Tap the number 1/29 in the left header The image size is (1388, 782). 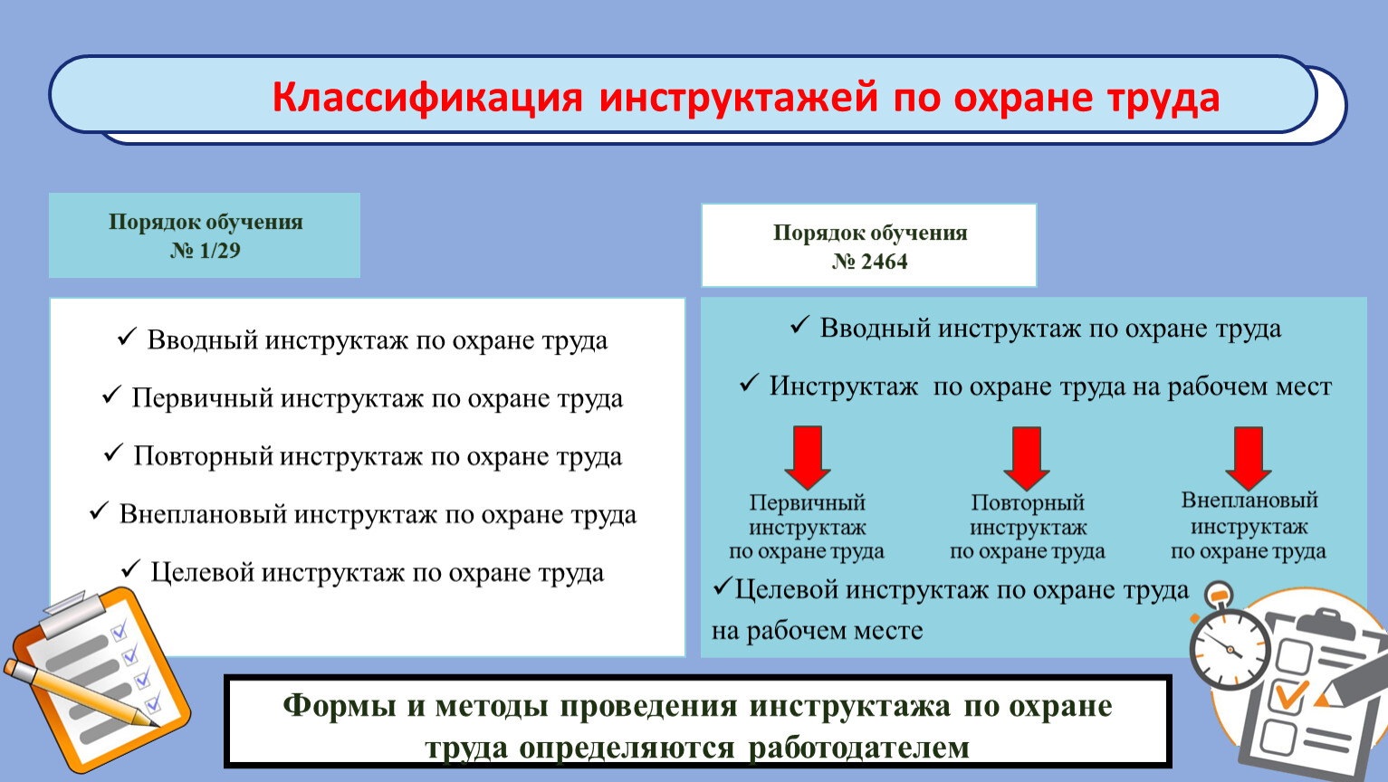[x=220, y=251]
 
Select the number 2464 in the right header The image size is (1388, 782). [x=884, y=262]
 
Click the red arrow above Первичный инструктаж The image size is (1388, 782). [x=808, y=458]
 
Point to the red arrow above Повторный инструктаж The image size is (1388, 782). [x=1027, y=459]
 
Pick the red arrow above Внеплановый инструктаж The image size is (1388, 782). [x=1249, y=459]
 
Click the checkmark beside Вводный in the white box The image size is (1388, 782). [x=127, y=337]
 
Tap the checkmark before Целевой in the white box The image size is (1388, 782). [x=130, y=568]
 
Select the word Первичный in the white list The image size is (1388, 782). [x=203, y=398]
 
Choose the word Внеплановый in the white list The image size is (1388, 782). [x=203, y=514]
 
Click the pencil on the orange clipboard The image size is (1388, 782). [x=81, y=692]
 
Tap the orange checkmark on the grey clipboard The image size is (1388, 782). [x=1292, y=694]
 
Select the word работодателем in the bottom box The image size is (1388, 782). [x=859, y=748]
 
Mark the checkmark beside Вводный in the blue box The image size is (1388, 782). [x=800, y=325]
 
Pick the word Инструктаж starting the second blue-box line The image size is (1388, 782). [x=843, y=386]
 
